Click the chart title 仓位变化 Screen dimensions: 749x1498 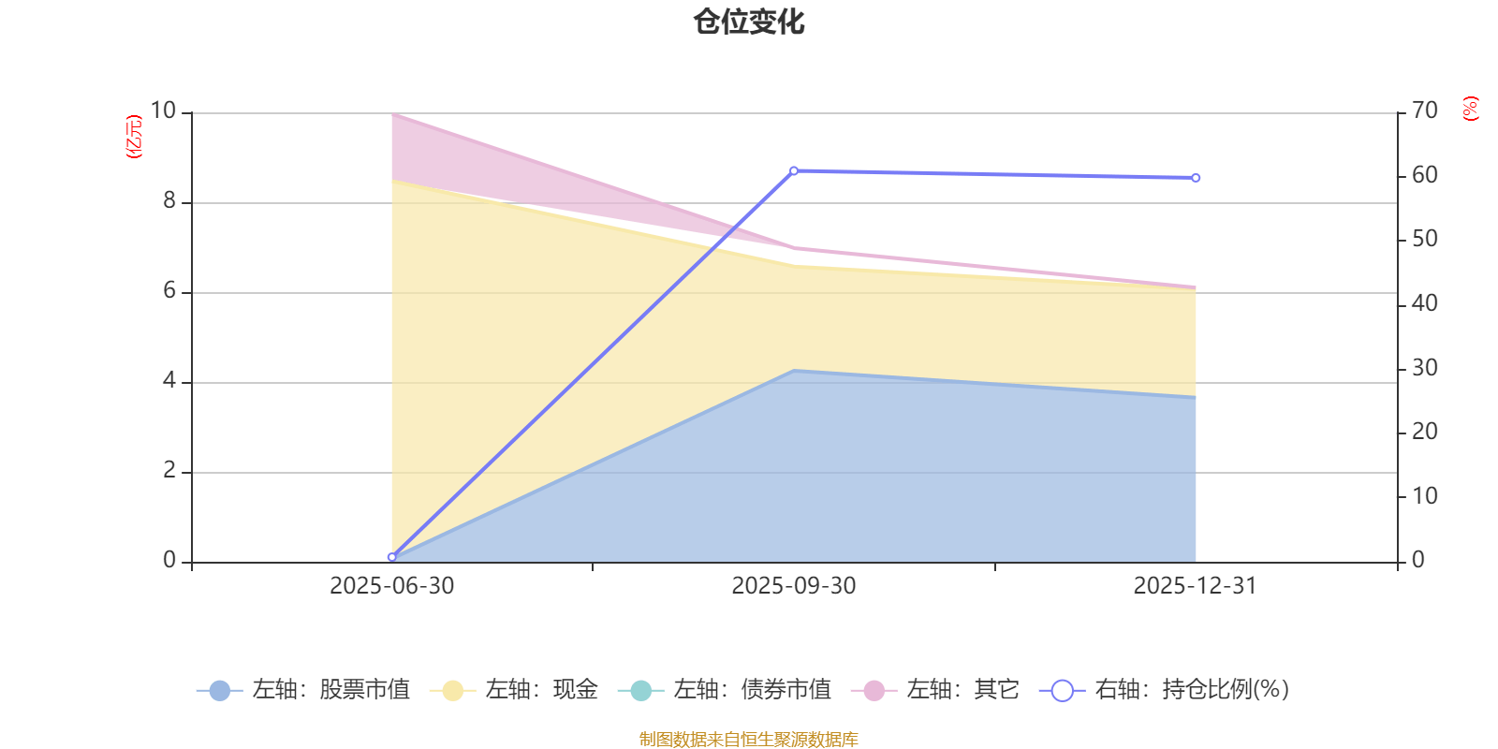(x=749, y=22)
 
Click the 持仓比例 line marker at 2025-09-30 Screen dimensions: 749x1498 (x=794, y=170)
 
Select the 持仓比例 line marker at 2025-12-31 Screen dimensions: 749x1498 (x=1196, y=177)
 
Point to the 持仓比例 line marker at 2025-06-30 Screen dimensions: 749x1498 (x=391, y=557)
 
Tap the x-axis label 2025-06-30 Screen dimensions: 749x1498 (x=391, y=586)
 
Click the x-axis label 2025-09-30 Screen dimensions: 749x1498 (x=794, y=586)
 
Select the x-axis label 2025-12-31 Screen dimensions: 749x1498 (x=1196, y=586)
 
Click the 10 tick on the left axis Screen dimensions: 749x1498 (x=163, y=110)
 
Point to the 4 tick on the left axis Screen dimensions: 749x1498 (x=169, y=380)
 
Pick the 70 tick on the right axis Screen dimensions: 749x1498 (x=1425, y=110)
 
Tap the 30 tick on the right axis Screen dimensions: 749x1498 (x=1425, y=368)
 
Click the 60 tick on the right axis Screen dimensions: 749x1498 (x=1425, y=175)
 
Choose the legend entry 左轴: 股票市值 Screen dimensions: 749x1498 (x=303, y=690)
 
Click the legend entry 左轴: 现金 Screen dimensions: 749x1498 (x=514, y=690)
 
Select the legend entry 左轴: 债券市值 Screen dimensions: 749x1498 (x=725, y=690)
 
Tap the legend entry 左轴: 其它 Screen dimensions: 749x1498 (x=935, y=690)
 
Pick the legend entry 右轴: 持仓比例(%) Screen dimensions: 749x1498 (x=1165, y=690)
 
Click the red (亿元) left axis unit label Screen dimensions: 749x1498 (x=134, y=137)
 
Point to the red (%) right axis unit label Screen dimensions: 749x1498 (x=1471, y=109)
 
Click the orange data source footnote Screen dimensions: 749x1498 (x=748, y=740)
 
